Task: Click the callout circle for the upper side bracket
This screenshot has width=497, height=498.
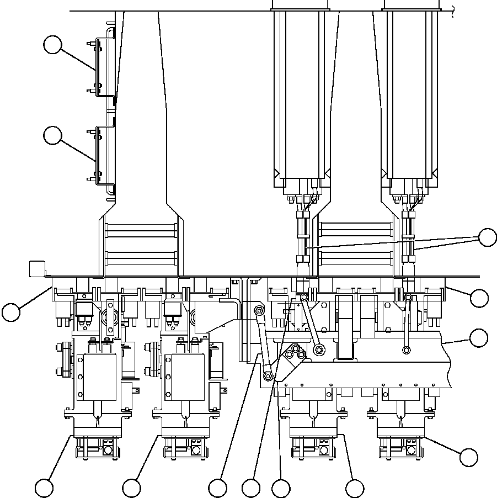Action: pos(52,45)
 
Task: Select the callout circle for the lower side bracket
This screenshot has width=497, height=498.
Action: pos(52,135)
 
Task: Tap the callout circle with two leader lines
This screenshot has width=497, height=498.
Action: pos(488,237)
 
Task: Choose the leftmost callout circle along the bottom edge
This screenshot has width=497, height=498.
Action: pos(44,488)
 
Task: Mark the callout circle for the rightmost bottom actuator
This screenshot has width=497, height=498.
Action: pos(469,457)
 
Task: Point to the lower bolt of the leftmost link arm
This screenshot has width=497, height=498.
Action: pos(268,377)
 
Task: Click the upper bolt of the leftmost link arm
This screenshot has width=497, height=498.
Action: pos(258,311)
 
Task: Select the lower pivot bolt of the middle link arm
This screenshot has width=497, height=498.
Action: pos(318,349)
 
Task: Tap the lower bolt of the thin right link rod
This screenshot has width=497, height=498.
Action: pos(406,349)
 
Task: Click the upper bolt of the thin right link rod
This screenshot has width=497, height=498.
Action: pos(408,298)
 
